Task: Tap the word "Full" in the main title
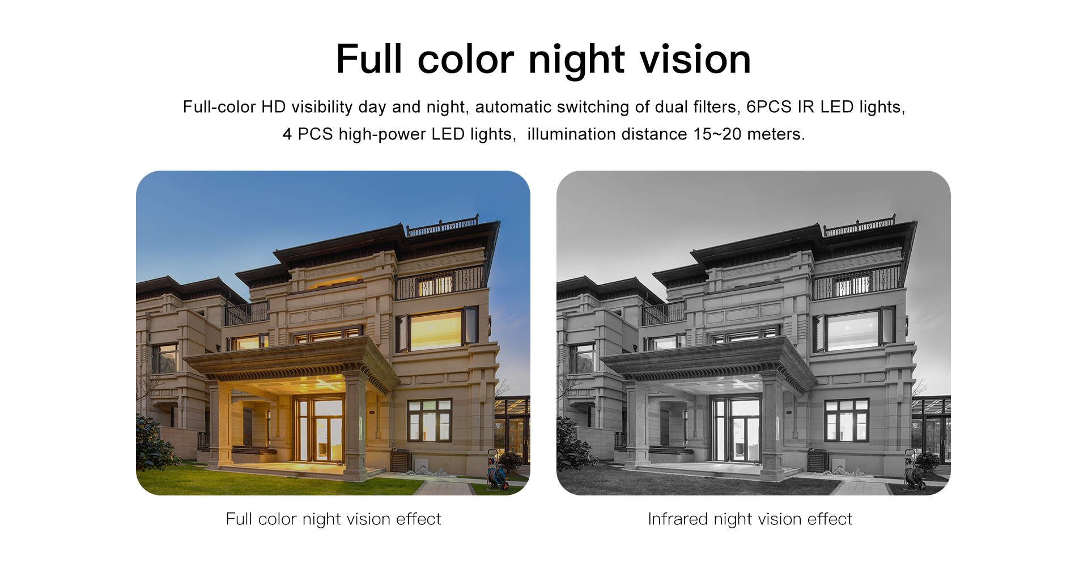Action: click(x=369, y=59)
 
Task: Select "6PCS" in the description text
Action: click(x=768, y=107)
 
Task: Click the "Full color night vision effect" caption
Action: click(x=333, y=519)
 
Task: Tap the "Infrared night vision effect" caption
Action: click(x=750, y=519)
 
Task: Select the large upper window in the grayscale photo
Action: click(x=853, y=330)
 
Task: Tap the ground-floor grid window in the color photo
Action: click(x=430, y=421)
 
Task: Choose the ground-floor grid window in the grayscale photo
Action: click(x=847, y=421)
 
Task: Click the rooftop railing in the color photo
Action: click(x=443, y=226)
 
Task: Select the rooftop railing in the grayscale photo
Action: click(x=860, y=226)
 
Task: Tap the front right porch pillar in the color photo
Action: click(x=355, y=425)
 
